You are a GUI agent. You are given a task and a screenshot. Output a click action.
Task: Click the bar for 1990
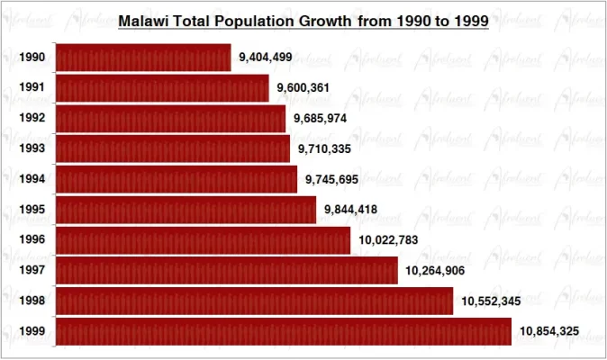[143, 58]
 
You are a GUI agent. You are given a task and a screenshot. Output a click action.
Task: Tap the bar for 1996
[203, 240]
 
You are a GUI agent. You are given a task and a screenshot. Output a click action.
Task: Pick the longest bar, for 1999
[284, 331]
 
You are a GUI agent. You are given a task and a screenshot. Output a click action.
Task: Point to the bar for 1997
[226, 270]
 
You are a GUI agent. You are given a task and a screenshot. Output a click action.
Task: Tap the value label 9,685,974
[321, 119]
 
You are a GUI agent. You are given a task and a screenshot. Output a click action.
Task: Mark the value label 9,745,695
[332, 179]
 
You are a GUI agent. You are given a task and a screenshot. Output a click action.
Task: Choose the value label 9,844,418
[350, 210]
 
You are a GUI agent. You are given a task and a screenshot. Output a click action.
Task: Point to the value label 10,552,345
[491, 301]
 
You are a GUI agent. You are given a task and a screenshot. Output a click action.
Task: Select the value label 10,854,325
[549, 332]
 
